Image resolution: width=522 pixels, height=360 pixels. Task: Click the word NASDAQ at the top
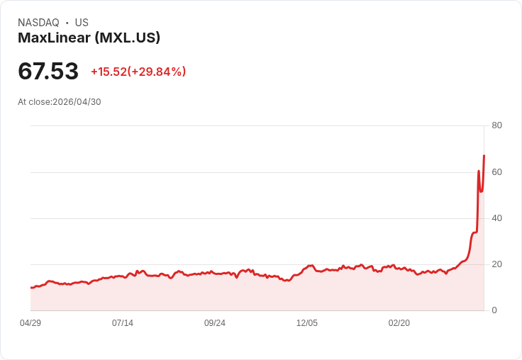point(38,23)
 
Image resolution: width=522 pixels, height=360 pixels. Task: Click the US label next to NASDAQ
point(82,23)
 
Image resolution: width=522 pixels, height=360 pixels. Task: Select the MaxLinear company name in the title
point(54,38)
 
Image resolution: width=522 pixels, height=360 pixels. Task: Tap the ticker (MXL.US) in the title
point(128,38)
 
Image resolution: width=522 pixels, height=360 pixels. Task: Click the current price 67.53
point(48,71)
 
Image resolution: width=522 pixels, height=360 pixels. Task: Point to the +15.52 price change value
point(109,72)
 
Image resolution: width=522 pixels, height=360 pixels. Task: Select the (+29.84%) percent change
point(157,72)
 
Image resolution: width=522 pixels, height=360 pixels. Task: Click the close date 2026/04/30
point(77,102)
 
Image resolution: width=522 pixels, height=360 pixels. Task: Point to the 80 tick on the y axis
point(496,125)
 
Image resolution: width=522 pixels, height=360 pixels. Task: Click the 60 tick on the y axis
point(496,172)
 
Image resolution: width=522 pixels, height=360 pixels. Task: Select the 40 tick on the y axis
point(496,218)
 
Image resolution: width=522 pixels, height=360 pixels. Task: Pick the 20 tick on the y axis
point(496,264)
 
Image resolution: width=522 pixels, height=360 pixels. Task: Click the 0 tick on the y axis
point(494,310)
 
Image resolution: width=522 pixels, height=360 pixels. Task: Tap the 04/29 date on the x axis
point(30,323)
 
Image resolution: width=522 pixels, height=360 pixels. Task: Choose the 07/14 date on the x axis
point(123,323)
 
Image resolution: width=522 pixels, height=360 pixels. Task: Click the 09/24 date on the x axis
point(215,323)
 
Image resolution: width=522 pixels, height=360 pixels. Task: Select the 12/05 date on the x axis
point(307,323)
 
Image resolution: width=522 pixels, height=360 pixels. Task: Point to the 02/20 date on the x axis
point(399,323)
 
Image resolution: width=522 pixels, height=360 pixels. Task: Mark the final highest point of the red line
point(484,155)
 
